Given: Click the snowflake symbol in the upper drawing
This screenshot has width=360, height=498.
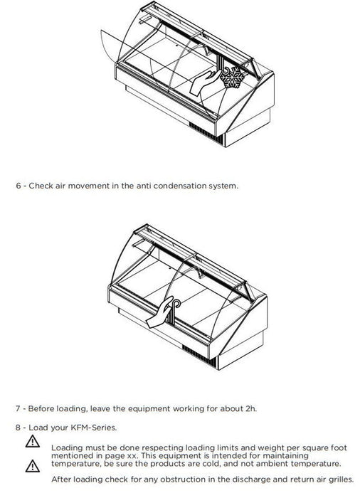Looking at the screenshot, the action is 233,77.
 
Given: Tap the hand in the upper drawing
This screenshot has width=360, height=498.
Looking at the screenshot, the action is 204,83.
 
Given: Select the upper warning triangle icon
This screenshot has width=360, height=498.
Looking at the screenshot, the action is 33,442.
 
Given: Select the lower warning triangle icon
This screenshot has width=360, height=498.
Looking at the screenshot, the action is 33,465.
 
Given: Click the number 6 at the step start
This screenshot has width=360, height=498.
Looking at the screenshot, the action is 18,186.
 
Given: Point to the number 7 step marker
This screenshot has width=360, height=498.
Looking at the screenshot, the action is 18,408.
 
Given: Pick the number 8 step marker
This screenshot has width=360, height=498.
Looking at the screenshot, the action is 18,428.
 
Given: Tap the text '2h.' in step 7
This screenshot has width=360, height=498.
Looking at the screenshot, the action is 250,408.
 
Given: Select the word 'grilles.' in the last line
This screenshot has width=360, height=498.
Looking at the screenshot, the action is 341,480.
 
